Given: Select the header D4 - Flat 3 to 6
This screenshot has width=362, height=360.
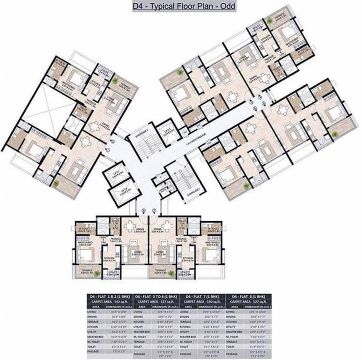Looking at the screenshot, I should [x=156, y=297].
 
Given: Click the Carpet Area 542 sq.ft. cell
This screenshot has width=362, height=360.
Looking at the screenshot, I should [x=111, y=302].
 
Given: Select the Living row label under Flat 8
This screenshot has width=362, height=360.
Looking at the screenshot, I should [x=234, y=312].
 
